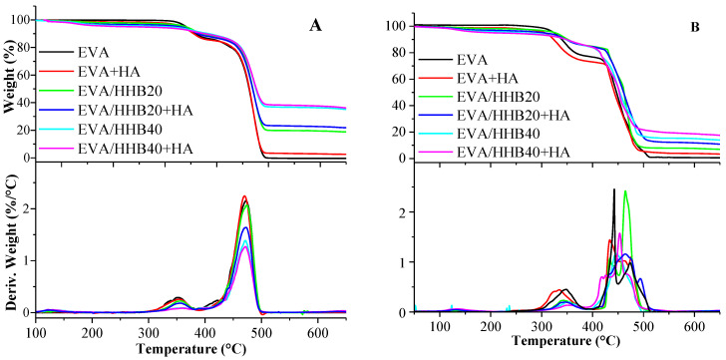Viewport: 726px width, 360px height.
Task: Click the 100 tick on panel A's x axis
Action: click(37, 329)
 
